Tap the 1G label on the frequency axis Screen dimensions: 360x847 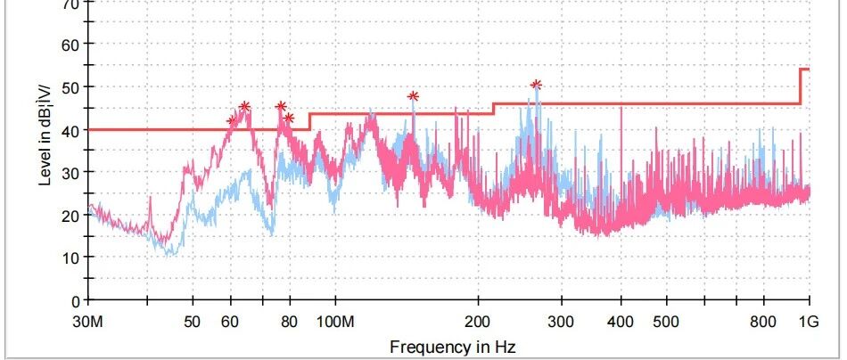click(x=808, y=321)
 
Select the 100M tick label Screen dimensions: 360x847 click(x=336, y=321)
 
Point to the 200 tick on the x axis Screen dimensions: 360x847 click(x=478, y=321)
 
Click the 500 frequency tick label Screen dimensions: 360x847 click(x=665, y=321)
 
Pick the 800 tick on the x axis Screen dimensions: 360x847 click(x=762, y=321)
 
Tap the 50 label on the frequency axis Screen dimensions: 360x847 click(x=192, y=321)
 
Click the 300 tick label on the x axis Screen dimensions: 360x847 click(x=561, y=321)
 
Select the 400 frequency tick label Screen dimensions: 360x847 click(x=621, y=321)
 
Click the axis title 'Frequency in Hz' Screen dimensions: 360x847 click(x=452, y=345)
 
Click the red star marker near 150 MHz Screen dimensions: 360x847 click(x=413, y=96)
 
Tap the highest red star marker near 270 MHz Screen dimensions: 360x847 click(x=536, y=86)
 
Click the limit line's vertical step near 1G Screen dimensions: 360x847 click(x=800, y=86)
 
